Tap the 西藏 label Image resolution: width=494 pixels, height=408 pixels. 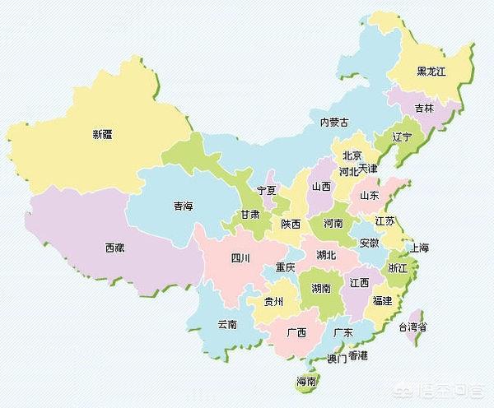[x=115, y=247]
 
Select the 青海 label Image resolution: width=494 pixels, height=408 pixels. [x=184, y=206]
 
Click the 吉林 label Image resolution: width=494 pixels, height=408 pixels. [x=424, y=109]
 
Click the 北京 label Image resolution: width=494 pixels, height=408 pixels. [x=352, y=155]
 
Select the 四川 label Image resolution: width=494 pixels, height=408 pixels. [x=240, y=258]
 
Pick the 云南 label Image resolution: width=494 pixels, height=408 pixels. [x=227, y=324]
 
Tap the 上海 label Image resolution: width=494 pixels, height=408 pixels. [x=418, y=248]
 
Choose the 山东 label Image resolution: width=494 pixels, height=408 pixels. [x=368, y=196]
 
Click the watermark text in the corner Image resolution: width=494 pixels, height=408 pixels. [x=445, y=388]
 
